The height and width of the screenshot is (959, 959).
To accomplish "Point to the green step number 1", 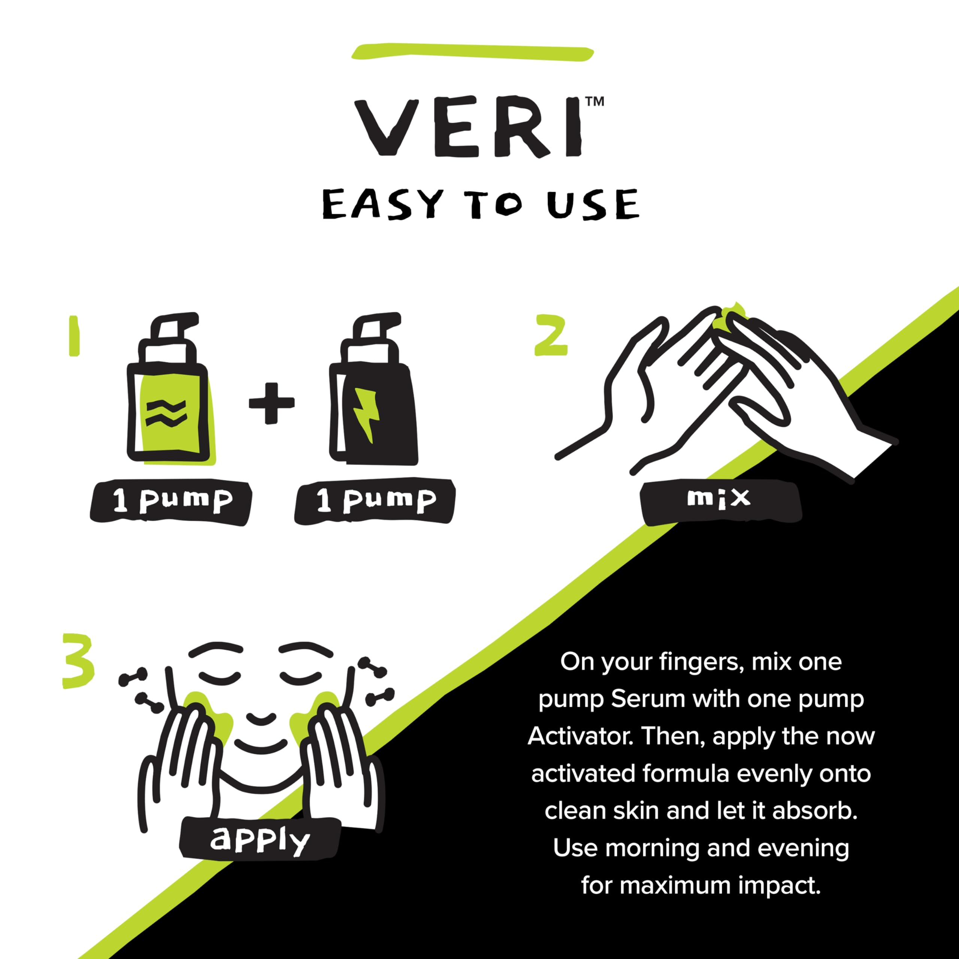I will [75, 336].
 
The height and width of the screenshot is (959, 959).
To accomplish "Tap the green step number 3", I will [78, 660].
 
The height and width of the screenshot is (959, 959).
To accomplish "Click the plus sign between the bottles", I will [271, 403].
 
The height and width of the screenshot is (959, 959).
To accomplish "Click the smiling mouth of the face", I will [261, 745].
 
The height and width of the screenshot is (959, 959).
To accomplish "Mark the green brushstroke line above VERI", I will [472, 52].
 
